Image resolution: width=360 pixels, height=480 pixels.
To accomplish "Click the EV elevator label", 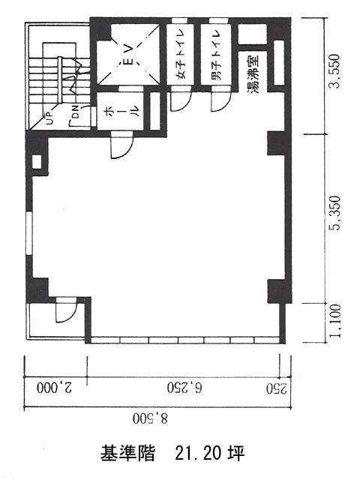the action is (130, 55).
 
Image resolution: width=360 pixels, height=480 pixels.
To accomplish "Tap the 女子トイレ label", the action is (180, 54).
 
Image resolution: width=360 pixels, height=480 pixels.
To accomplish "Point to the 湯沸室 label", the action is (253, 73).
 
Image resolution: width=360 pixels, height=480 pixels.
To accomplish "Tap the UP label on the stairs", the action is (49, 118).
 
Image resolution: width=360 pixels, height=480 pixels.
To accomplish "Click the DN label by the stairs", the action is (76, 112).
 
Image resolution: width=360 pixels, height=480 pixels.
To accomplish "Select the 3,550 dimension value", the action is (334, 72).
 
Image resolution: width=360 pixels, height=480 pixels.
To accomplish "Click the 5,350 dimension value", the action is (334, 213).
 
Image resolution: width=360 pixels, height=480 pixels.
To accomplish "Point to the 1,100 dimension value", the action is (335, 320).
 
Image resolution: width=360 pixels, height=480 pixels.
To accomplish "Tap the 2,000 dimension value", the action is (55, 388).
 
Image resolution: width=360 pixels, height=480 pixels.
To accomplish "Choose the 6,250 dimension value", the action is (184, 388).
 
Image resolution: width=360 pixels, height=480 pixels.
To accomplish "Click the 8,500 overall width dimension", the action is (151, 418).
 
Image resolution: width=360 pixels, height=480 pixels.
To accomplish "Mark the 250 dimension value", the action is (277, 388).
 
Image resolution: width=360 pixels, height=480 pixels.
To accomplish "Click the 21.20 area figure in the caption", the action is (199, 453).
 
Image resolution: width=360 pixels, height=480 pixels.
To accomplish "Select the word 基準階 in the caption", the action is (127, 453).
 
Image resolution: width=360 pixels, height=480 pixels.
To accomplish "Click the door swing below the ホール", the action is (122, 145).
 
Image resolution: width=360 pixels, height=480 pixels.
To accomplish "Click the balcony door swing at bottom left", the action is (66, 310).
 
